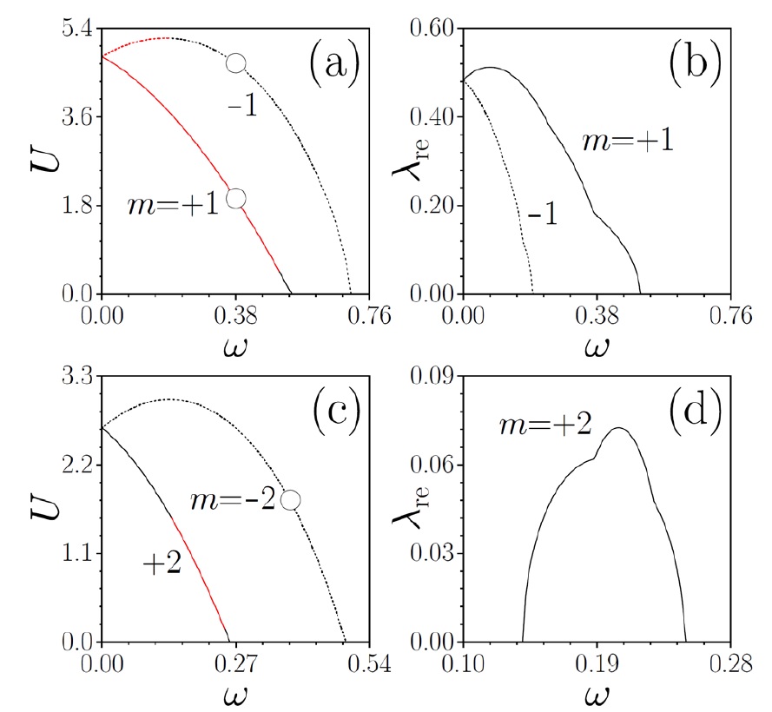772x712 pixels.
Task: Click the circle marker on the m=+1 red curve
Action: pos(235,198)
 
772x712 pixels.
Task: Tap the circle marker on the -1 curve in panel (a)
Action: pos(235,63)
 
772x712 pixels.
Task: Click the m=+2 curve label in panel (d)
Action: pos(532,425)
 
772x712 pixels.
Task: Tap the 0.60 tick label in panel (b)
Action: pos(434,28)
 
